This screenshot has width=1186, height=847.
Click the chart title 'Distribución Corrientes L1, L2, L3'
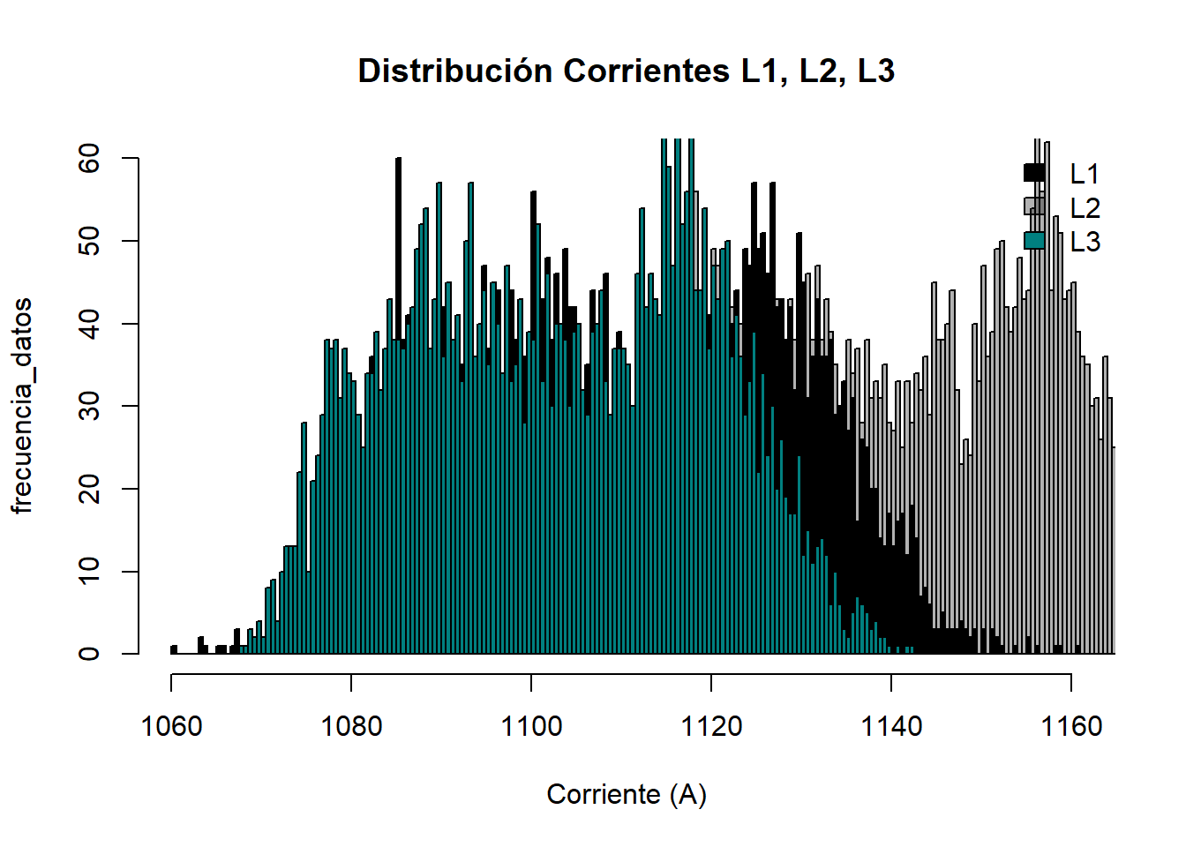coord(626,71)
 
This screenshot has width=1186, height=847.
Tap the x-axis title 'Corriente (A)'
coord(627,794)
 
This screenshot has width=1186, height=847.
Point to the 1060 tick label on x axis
coord(171,726)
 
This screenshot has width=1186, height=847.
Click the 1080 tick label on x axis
coord(351,726)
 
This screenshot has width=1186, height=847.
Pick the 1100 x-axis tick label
coord(531,726)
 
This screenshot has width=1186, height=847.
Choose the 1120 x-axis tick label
coord(711,726)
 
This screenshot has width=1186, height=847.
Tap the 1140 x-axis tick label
coord(891,726)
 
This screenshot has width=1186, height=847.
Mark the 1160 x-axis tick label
coord(1071,726)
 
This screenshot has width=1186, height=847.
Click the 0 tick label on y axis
coord(89,654)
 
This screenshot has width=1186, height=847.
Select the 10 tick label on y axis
coord(89,571)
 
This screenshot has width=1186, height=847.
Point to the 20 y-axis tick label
coord(89,489)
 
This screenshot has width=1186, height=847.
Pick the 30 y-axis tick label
coord(89,406)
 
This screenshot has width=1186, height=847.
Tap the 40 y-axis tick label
coord(89,324)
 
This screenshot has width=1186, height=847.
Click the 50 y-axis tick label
coord(89,241)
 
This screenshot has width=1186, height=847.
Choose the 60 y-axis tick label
coord(89,159)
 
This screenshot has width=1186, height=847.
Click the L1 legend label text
coord(1085,174)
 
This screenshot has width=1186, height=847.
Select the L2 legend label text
coord(1085,207)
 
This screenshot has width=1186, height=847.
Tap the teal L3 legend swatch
coord(1034,240)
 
